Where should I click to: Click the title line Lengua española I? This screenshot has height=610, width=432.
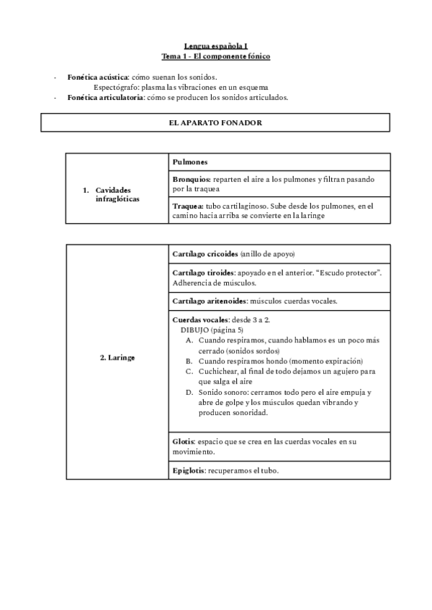(216, 45)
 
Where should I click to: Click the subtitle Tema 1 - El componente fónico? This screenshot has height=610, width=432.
(216, 55)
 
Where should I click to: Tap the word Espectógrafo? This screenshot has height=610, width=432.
(116, 87)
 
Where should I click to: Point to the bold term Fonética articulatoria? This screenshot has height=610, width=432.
(105, 97)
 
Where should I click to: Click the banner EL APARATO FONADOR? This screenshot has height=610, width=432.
(215, 123)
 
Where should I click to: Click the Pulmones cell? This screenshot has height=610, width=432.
(191, 162)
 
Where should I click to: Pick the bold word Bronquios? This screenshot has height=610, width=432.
(192, 178)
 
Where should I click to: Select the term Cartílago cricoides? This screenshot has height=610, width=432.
(206, 254)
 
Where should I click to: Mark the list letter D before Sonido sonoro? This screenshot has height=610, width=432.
(189, 392)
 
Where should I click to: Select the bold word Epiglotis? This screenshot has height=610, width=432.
(189, 470)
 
